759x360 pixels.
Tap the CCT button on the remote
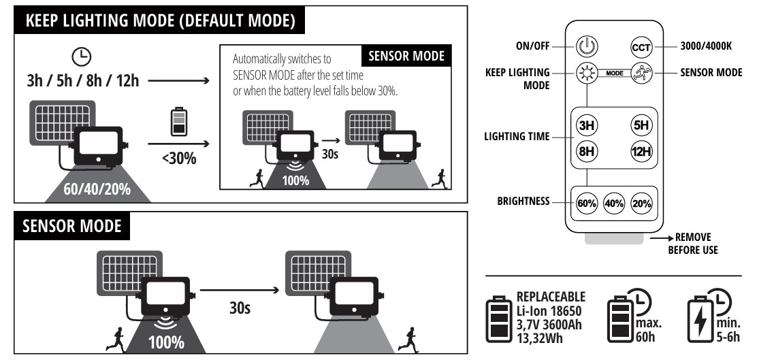click(641, 48)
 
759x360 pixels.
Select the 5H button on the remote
click(641, 126)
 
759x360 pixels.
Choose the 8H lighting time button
click(585, 152)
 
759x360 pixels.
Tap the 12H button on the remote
click(641, 152)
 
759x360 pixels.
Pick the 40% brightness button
click(613, 203)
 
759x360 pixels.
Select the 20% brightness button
click(641, 203)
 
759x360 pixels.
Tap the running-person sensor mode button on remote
click(641, 73)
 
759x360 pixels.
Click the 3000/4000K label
click(707, 48)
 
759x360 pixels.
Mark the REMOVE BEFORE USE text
click(692, 244)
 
